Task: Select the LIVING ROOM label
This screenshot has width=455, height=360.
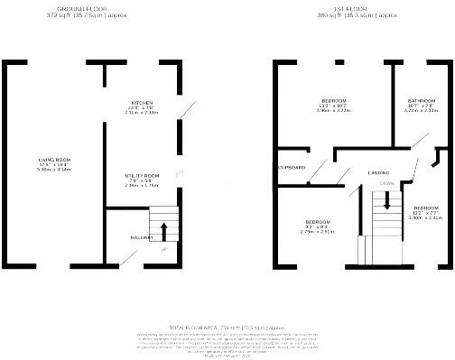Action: pyautogui.click(x=54, y=160)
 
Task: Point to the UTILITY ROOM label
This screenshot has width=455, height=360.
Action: pyautogui.click(x=142, y=175)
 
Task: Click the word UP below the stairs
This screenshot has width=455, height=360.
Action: pyautogui.click(x=163, y=249)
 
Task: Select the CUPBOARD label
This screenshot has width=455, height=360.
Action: pyautogui.click(x=292, y=168)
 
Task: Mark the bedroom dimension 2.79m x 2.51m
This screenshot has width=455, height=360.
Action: pyautogui.click(x=317, y=232)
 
